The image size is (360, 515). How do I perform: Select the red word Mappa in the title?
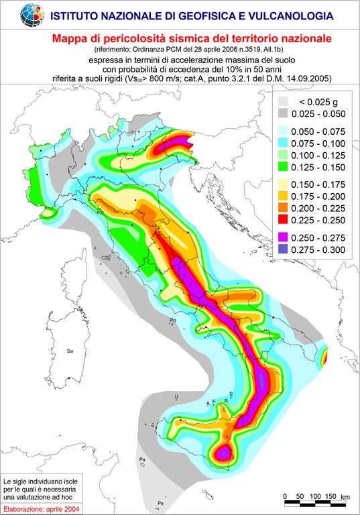point(70,39)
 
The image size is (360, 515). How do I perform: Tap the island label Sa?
point(69,351)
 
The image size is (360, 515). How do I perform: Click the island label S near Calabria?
point(231,393)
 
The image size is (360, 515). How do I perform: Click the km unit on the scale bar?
point(345,496)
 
